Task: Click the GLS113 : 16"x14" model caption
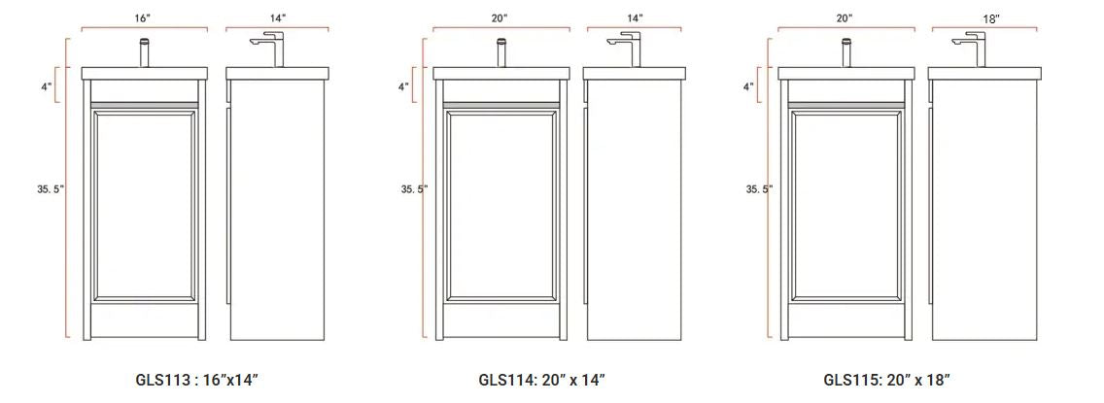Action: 197,381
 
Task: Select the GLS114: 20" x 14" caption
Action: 541,381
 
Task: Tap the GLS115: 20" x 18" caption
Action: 886,381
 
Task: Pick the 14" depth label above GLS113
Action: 277,19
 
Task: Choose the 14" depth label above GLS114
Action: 634,19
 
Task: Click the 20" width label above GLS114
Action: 500,19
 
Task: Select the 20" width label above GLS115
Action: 845,19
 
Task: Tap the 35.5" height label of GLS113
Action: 51,188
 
